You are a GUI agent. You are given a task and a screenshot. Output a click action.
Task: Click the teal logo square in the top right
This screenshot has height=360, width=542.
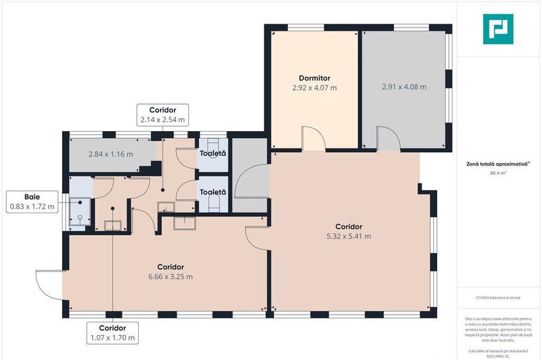[498, 29]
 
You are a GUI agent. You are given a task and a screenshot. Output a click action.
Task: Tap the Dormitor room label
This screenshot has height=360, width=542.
[314, 79]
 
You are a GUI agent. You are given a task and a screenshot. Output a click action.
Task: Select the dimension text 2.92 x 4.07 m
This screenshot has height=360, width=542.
[314, 88]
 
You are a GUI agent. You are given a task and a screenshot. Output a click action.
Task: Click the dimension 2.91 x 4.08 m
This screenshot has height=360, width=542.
[404, 87]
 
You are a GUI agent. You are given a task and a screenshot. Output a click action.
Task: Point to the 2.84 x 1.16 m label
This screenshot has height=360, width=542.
[111, 154]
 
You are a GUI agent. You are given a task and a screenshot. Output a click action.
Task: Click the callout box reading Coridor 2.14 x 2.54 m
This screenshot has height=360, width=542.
[163, 114]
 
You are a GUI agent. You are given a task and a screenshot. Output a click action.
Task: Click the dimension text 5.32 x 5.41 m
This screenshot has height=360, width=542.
[349, 236]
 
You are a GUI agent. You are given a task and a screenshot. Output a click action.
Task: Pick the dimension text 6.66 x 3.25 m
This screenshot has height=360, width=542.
[170, 276]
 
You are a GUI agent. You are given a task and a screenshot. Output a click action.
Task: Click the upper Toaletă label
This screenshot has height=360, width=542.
[212, 153]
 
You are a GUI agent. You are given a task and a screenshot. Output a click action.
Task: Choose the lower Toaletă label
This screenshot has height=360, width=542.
[212, 192]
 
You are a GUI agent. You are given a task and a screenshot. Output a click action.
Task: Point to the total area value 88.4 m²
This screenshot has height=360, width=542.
[498, 173]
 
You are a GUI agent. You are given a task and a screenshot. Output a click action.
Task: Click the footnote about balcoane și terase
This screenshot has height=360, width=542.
[498, 298]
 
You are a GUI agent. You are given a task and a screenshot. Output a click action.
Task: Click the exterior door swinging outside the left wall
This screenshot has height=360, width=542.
[49, 284]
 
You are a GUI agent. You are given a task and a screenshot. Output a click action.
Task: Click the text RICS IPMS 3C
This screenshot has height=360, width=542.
[498, 356]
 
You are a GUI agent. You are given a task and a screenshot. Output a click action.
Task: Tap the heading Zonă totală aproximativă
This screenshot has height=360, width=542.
[498, 164]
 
